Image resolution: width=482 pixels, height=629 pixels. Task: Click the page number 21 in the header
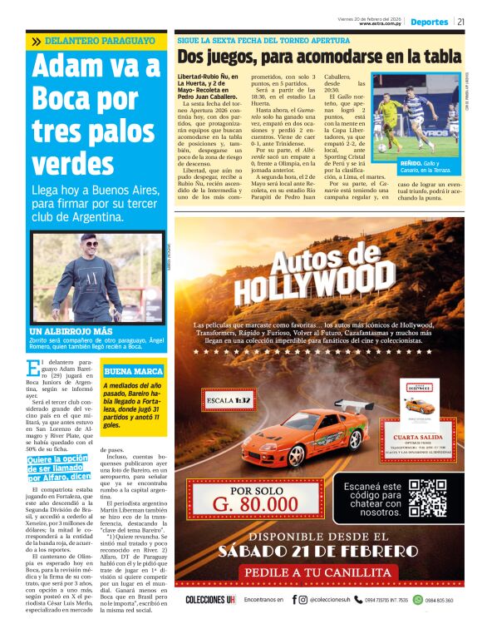click(461, 22)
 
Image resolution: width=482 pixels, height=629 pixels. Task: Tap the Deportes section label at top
click(430, 22)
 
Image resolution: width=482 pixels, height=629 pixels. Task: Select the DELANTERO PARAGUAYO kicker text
click(100, 40)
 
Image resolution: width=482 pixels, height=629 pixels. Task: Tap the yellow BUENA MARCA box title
click(132, 370)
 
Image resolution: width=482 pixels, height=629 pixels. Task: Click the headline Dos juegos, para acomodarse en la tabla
click(319, 56)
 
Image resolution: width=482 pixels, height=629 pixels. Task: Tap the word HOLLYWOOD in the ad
click(316, 286)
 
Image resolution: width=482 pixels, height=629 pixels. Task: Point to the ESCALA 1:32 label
click(229, 399)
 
